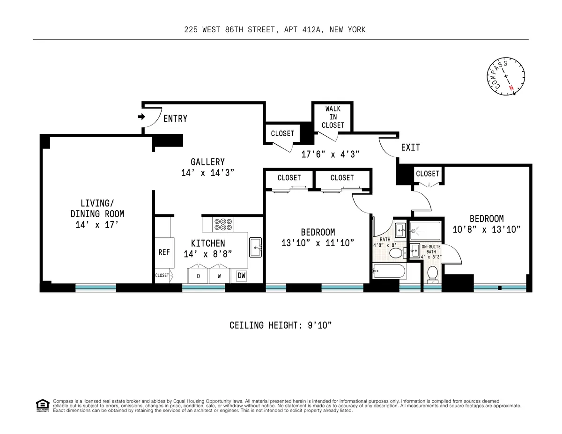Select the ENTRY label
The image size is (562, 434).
[x=175, y=119]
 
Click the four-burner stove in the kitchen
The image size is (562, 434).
[x=223, y=224]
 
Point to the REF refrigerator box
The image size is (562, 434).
[x=164, y=252]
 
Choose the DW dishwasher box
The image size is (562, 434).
[x=241, y=276]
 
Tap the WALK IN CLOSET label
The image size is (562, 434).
[x=333, y=117]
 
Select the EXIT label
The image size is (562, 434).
[x=410, y=147]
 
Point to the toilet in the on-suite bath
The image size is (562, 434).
[x=432, y=273]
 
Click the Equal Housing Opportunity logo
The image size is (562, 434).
[x=42, y=405]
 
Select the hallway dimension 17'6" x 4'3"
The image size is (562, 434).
[x=330, y=154]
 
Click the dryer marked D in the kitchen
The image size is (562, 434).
[x=198, y=276]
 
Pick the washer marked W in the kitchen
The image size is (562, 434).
[x=219, y=276]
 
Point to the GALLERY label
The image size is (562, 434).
[x=207, y=162]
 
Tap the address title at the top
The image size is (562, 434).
[x=275, y=29]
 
